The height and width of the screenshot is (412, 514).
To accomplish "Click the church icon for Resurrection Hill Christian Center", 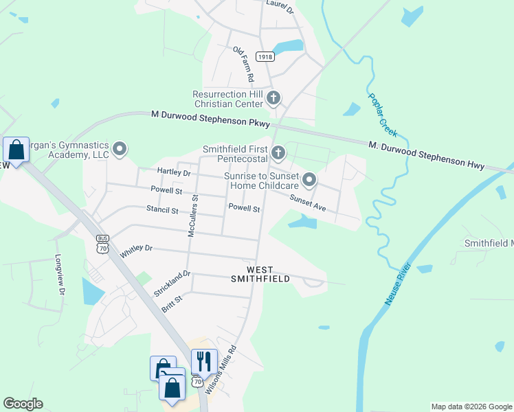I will pyautogui.click(x=273, y=98).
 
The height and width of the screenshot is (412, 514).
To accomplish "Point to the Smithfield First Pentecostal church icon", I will pyautogui.click(x=278, y=152).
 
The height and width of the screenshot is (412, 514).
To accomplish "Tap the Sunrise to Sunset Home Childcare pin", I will pyautogui.click(x=309, y=181).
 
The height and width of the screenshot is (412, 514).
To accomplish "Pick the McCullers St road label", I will pyautogui.click(x=193, y=216).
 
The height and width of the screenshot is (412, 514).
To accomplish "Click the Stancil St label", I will pyautogui.click(x=161, y=210).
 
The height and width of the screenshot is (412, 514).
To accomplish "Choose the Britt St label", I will pyautogui.click(x=172, y=304).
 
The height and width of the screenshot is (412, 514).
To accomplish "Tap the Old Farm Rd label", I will pyautogui.click(x=243, y=62).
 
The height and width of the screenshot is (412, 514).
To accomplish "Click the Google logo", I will pyautogui.click(x=23, y=404).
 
